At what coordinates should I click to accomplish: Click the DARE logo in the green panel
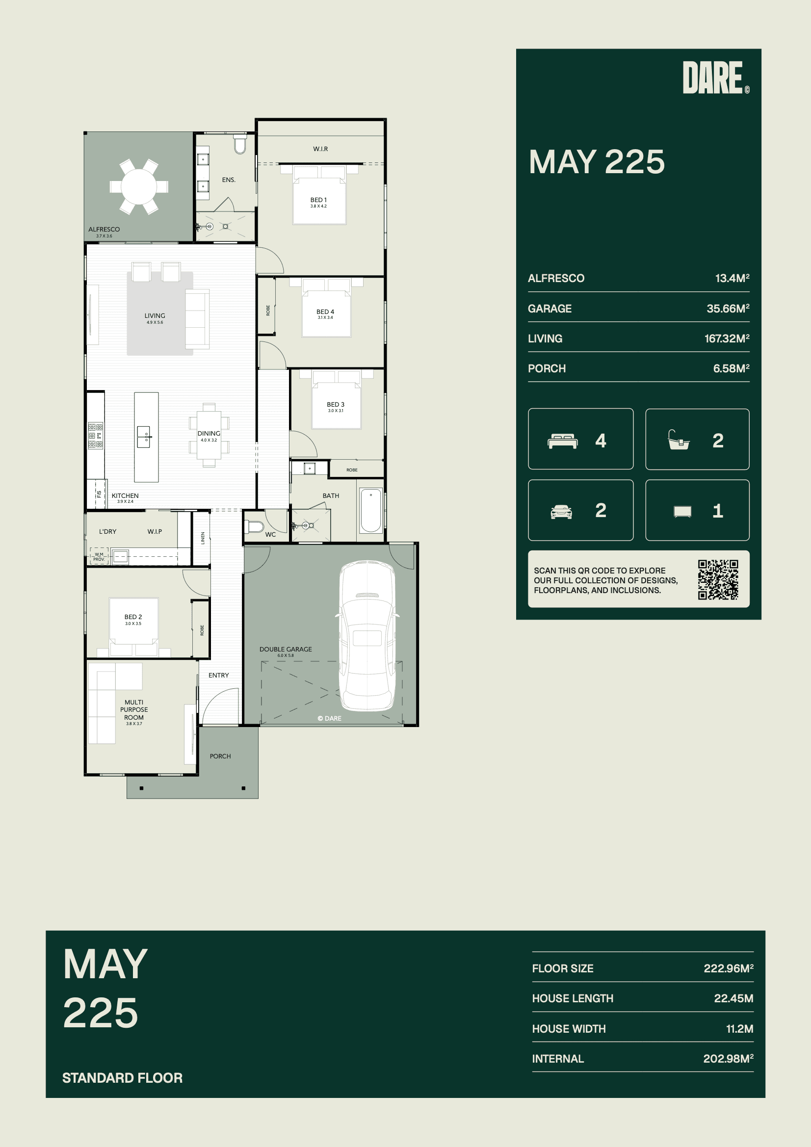[715, 78]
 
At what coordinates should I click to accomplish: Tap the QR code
[718, 579]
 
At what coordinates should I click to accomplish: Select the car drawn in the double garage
[367, 635]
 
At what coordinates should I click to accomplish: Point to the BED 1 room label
[318, 200]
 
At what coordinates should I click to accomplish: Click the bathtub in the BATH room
[371, 511]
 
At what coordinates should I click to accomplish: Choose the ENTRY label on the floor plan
[218, 676]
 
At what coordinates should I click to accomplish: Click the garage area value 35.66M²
[728, 308]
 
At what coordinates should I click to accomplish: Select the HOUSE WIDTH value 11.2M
[739, 1029]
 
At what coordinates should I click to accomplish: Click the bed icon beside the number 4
[563, 441]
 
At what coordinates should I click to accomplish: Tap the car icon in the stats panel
[561, 512]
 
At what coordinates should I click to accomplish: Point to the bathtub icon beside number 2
[679, 440]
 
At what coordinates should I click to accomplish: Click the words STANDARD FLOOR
[123, 1077]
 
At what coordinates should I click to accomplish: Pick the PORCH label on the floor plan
[220, 756]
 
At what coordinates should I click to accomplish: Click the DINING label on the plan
[209, 434]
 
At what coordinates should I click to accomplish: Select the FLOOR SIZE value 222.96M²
[729, 968]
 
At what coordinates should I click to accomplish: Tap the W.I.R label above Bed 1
[320, 149]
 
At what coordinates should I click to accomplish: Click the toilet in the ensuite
[240, 143]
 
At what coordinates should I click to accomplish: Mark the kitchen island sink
[144, 437]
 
